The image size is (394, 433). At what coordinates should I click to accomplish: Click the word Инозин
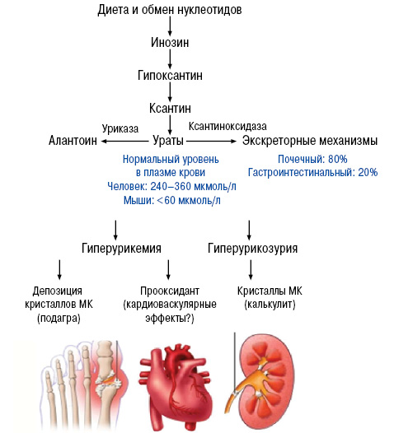[170, 43]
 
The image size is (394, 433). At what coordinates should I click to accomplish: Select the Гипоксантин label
[170, 76]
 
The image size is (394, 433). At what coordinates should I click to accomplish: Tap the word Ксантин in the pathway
[170, 109]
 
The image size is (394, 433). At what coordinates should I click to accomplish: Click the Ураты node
[168, 141]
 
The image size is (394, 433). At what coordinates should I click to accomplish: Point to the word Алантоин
[73, 141]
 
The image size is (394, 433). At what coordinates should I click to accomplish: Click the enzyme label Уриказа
[120, 128]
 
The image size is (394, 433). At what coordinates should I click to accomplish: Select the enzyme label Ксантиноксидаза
[227, 126]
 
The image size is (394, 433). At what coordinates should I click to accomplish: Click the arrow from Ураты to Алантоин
[124, 141]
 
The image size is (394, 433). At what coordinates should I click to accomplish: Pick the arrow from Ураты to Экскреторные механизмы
[212, 141]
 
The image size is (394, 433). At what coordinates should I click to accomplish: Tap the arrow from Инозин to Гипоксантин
[170, 59]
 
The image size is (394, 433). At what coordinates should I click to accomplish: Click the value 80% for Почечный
[337, 160]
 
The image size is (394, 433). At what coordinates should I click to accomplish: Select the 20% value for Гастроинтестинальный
[368, 173]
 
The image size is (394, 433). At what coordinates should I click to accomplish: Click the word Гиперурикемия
[121, 249]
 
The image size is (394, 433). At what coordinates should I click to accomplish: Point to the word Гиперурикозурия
[253, 249]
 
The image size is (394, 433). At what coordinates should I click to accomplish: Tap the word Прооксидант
[170, 291]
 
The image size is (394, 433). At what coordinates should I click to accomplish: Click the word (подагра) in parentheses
[59, 319]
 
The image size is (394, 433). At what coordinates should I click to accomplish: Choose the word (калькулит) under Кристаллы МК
[270, 305]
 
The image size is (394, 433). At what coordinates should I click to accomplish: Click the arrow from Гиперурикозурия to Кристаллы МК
[251, 270]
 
